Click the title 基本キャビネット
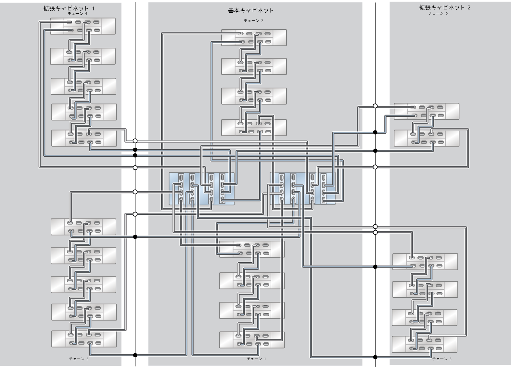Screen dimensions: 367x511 point(250,10)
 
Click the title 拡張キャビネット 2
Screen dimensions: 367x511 point(444,7)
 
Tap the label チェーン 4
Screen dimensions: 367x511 point(77,14)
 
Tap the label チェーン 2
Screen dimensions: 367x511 point(253,21)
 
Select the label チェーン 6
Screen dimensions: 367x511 point(438,14)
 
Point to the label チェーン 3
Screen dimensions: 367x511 point(79,359)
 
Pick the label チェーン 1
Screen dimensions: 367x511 point(256,359)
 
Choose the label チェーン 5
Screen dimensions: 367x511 point(442,359)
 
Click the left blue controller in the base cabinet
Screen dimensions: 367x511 point(201,189)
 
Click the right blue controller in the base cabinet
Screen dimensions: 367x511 point(302,189)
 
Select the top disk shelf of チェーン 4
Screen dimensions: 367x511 point(83,26)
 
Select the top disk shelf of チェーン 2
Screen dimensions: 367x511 point(254,38)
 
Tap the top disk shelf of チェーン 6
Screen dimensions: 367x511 point(426,111)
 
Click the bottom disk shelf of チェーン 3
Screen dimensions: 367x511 point(84,339)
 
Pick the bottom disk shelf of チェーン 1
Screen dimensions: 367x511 point(252,340)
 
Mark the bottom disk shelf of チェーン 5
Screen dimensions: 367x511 point(424,344)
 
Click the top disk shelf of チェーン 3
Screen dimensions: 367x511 point(83,227)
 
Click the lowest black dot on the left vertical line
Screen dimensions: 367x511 point(135,355)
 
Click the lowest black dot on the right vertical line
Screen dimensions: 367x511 point(375,357)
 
